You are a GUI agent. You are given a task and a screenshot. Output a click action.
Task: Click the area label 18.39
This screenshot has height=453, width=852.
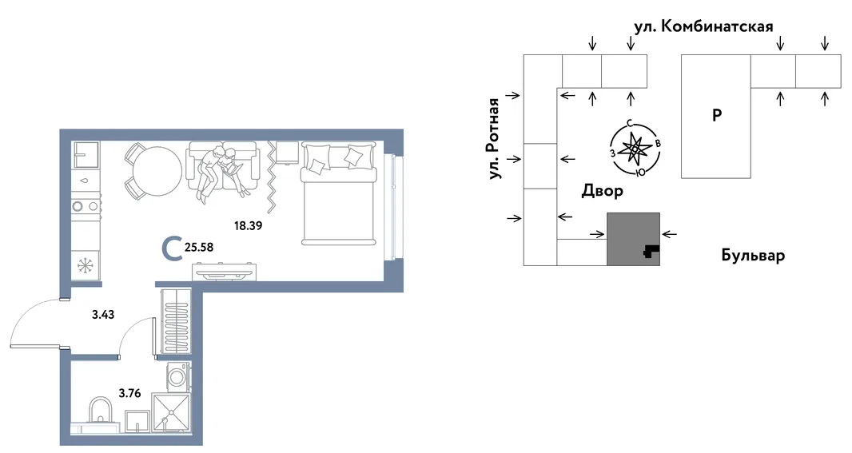[x=248, y=225]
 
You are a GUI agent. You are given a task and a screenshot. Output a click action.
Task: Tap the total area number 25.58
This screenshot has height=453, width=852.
[x=200, y=247]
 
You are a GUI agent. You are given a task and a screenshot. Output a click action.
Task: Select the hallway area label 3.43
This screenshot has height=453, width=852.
[x=103, y=315]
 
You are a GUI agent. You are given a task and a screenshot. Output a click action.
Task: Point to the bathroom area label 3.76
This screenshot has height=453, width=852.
[x=129, y=393]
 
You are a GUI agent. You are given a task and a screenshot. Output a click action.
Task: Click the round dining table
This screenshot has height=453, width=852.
[x=157, y=171]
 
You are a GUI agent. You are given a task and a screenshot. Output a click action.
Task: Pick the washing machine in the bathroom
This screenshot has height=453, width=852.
[x=179, y=376]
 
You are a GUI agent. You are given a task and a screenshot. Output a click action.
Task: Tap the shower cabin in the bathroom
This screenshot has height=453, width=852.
[x=172, y=413]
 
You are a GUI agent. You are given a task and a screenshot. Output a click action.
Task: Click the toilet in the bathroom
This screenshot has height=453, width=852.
[x=101, y=413]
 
